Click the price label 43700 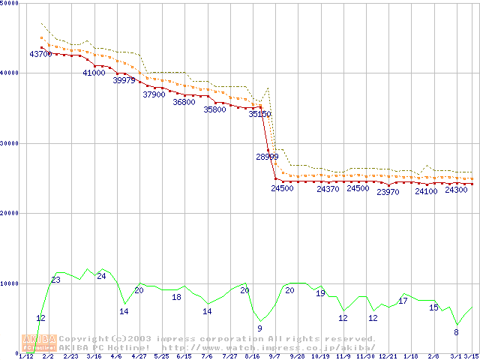tap(40, 54)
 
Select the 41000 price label tap(94, 73)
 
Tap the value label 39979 tap(124, 80)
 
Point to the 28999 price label tap(267, 157)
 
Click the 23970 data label tap(388, 192)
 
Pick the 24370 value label tap(328, 189)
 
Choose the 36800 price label tap(184, 102)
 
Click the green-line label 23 tap(55, 280)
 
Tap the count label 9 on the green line tap(260, 328)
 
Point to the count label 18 tap(177, 297)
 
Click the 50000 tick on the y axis tap(10, 3)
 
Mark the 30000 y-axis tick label tap(10, 142)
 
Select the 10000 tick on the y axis tap(10, 283)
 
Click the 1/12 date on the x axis tap(25, 356)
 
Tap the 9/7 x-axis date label tap(274, 356)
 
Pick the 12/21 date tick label tap(388, 356)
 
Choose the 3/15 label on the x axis tap(471, 356)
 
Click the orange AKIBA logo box tap(39, 343)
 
